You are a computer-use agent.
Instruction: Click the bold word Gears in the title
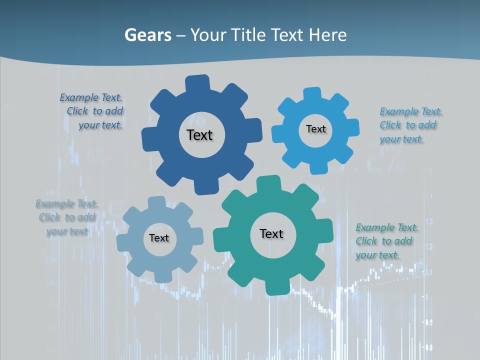tap(148, 35)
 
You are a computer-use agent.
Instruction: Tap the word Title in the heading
tap(248, 35)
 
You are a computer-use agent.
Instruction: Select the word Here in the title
tap(328, 35)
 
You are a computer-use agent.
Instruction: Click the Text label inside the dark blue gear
tap(199, 135)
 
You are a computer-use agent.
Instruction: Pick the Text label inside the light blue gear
tap(315, 129)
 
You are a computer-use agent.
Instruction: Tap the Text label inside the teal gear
tap(271, 234)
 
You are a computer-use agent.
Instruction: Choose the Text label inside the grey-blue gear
tap(159, 238)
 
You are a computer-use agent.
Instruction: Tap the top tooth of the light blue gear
tap(312, 94)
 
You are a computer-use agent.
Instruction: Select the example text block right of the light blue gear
tap(410, 125)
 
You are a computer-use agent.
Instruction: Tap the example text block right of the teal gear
tap(386, 241)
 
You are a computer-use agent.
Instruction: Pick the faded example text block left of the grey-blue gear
tap(67, 217)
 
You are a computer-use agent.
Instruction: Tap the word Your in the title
tap(209, 35)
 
